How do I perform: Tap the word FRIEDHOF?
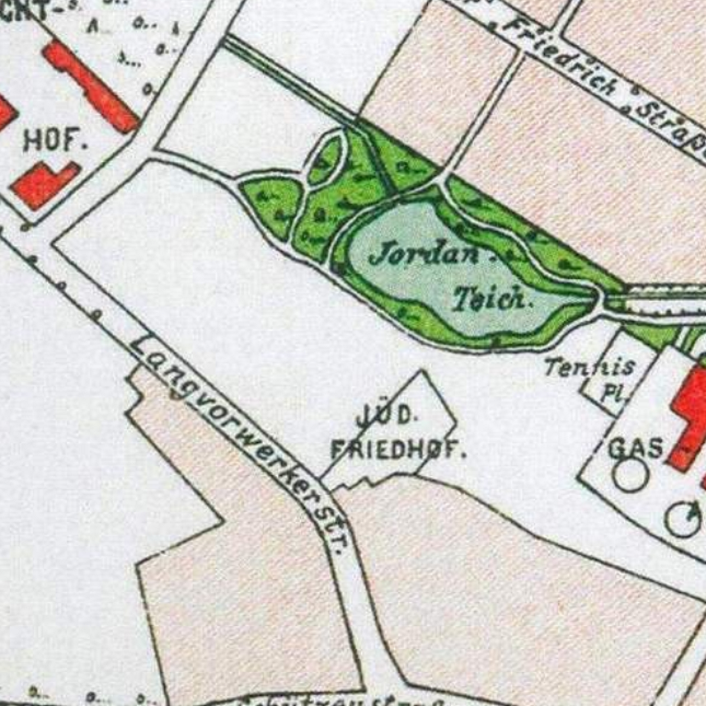(398, 450)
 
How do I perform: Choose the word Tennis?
(590, 367)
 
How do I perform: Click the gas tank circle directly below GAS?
(629, 475)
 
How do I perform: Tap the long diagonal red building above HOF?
(90, 88)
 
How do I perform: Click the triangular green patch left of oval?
(271, 200)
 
